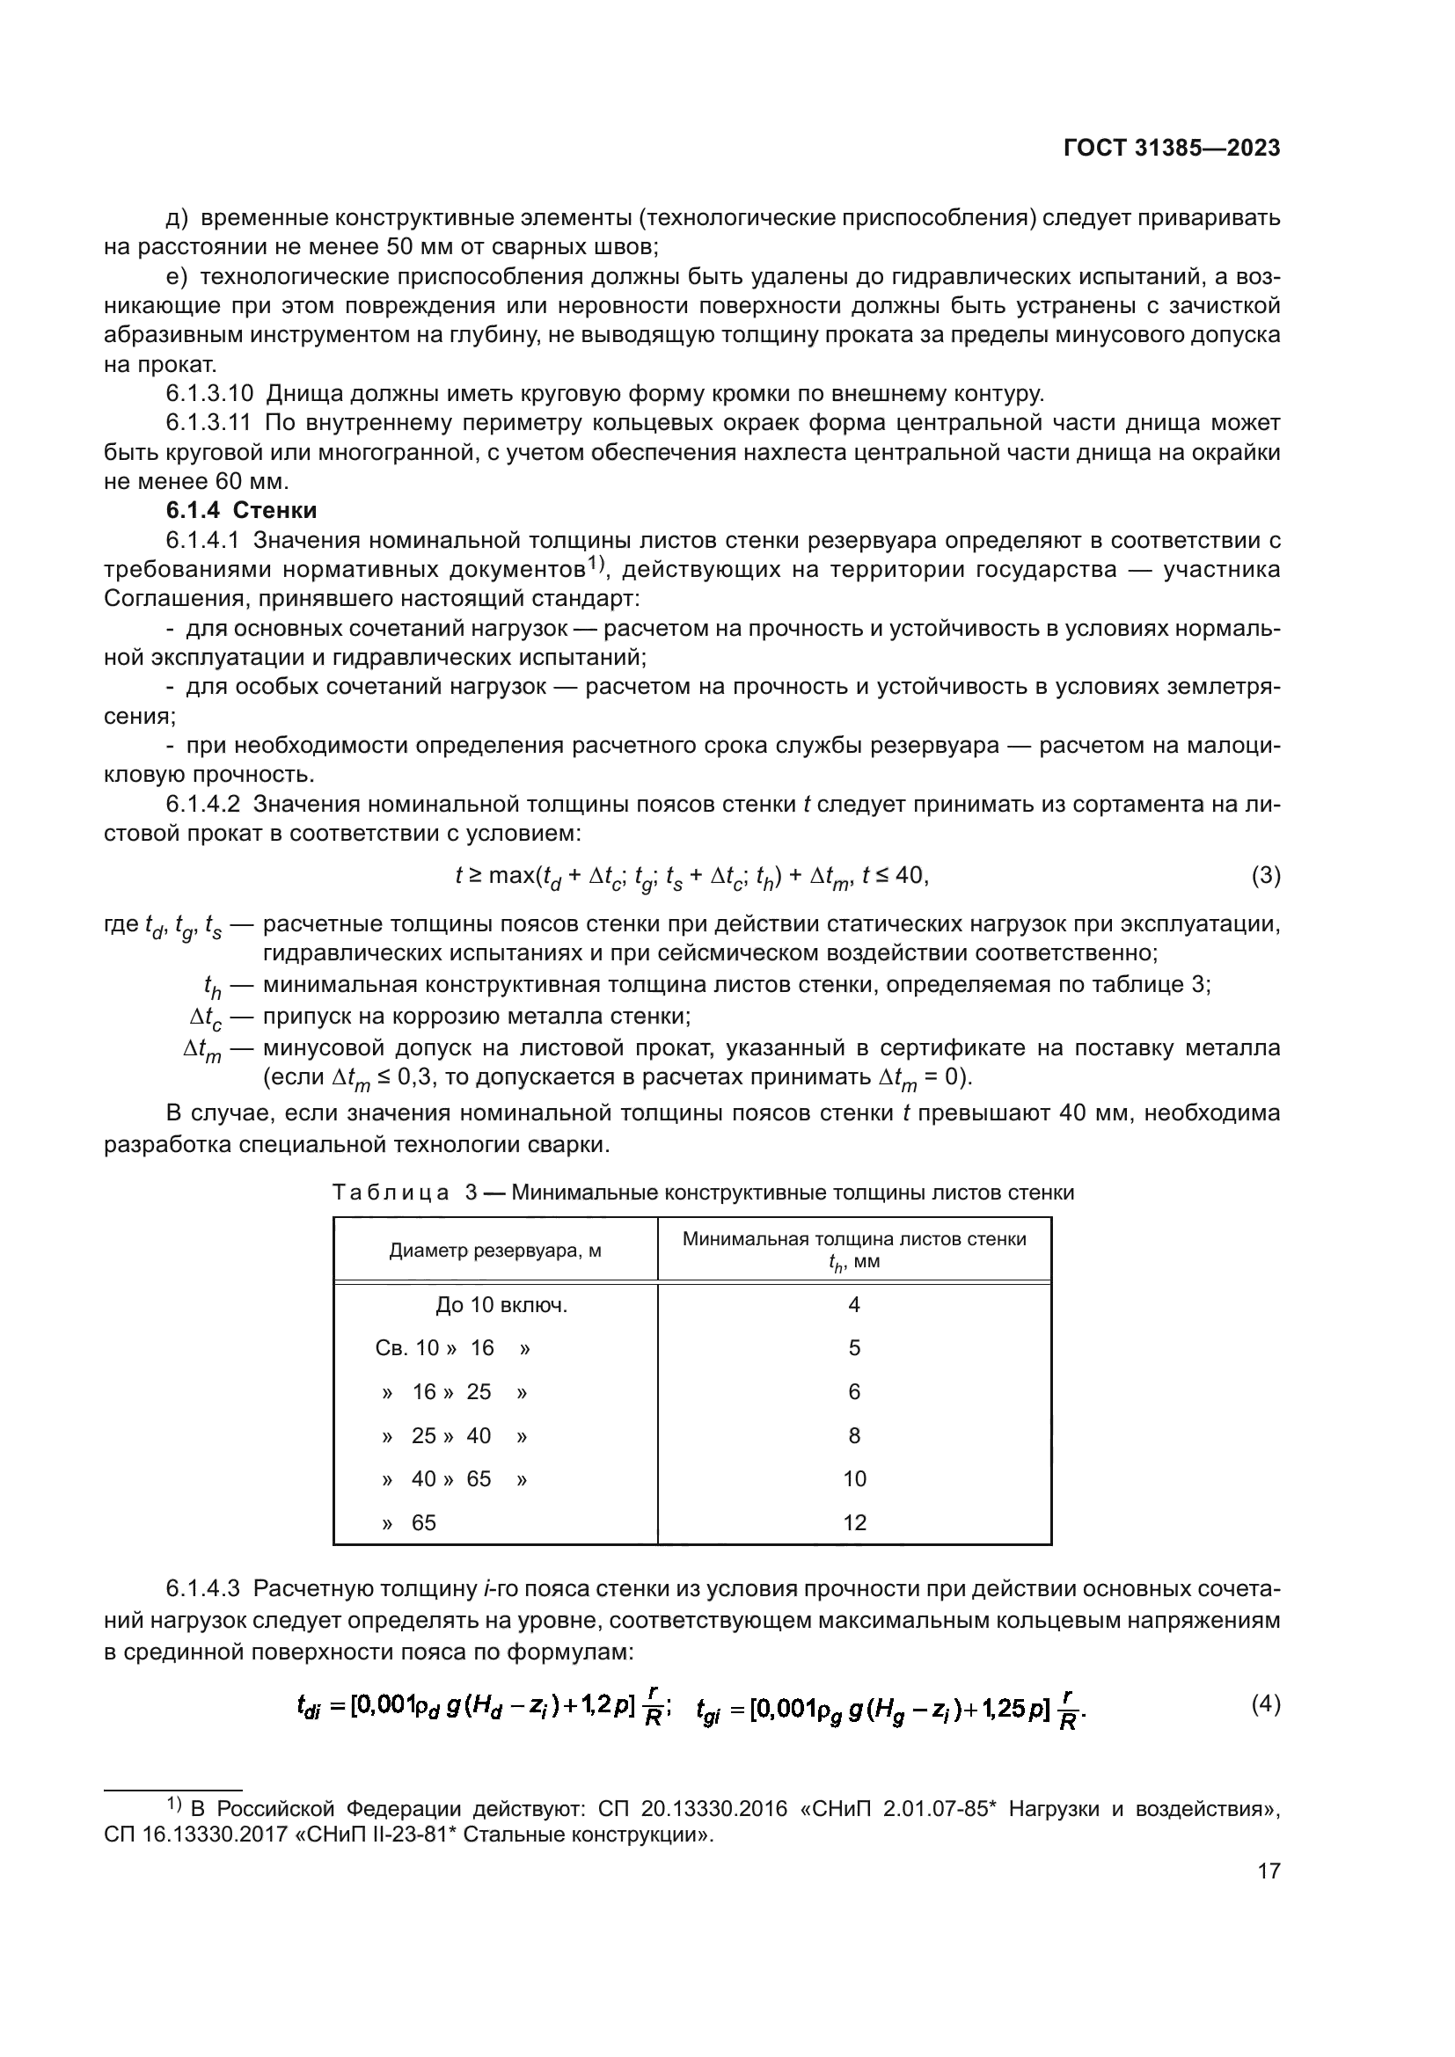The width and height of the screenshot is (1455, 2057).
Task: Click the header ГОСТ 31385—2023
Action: tap(1171, 149)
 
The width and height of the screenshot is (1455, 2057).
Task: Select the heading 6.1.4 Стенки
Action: tap(242, 511)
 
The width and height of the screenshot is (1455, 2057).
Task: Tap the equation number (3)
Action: tap(1265, 875)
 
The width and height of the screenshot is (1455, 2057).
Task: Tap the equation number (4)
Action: tap(1265, 1703)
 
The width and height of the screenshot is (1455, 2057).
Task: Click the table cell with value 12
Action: tap(854, 1522)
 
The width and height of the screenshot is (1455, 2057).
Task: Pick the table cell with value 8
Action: tap(854, 1435)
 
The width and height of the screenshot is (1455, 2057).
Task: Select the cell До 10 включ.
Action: tap(501, 1304)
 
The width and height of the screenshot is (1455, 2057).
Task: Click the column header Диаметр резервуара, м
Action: tap(494, 1250)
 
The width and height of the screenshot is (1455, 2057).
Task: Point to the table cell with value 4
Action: tap(854, 1304)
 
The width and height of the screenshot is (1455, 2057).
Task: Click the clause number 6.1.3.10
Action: tap(209, 393)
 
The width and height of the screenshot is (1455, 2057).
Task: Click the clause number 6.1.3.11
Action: tap(209, 423)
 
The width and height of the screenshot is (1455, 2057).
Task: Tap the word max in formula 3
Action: tap(512, 875)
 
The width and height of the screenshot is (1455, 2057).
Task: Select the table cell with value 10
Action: tap(854, 1478)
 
